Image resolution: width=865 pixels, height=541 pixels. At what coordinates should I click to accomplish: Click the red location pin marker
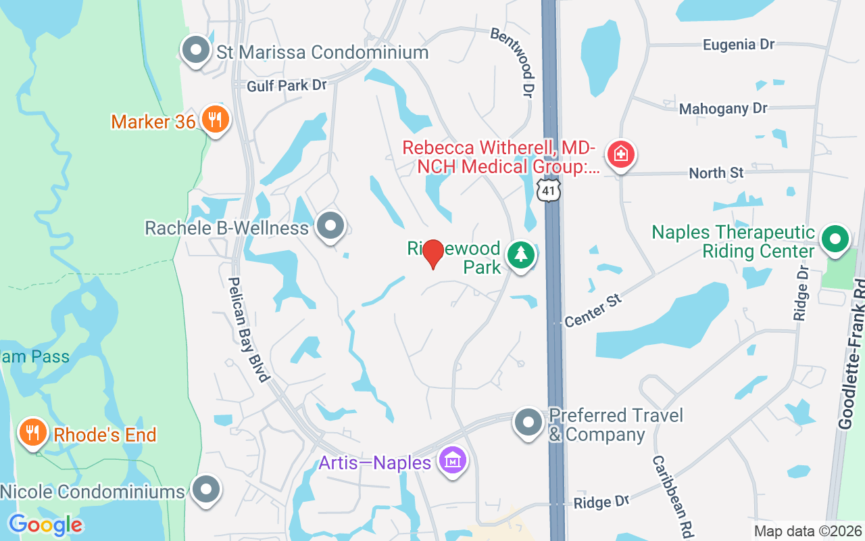[x=433, y=254]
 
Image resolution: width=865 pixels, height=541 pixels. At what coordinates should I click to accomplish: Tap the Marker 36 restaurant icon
[x=216, y=120]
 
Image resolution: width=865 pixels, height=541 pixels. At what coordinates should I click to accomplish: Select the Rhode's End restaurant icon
[x=32, y=433]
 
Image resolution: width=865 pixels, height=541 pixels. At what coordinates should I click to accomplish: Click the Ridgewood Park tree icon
[x=520, y=255]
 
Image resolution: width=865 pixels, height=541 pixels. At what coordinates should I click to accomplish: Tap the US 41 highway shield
[x=549, y=191]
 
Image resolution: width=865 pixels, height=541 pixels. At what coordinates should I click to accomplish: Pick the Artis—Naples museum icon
[x=453, y=462]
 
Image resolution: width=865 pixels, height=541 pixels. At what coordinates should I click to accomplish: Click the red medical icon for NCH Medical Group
[x=620, y=154]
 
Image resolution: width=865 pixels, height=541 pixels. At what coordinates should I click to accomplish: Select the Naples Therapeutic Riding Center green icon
[x=835, y=239]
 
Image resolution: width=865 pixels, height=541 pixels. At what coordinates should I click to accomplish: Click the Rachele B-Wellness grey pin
[x=330, y=227]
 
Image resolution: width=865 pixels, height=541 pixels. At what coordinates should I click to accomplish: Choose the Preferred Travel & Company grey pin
[x=528, y=423]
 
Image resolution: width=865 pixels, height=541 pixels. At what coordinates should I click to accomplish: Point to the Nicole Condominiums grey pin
[x=206, y=490]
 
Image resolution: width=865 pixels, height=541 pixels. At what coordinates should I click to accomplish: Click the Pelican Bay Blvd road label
[x=248, y=329]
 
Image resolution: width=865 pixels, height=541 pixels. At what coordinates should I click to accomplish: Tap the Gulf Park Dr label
[x=287, y=86]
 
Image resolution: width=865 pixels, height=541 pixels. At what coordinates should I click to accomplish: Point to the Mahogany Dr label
[x=723, y=108]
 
